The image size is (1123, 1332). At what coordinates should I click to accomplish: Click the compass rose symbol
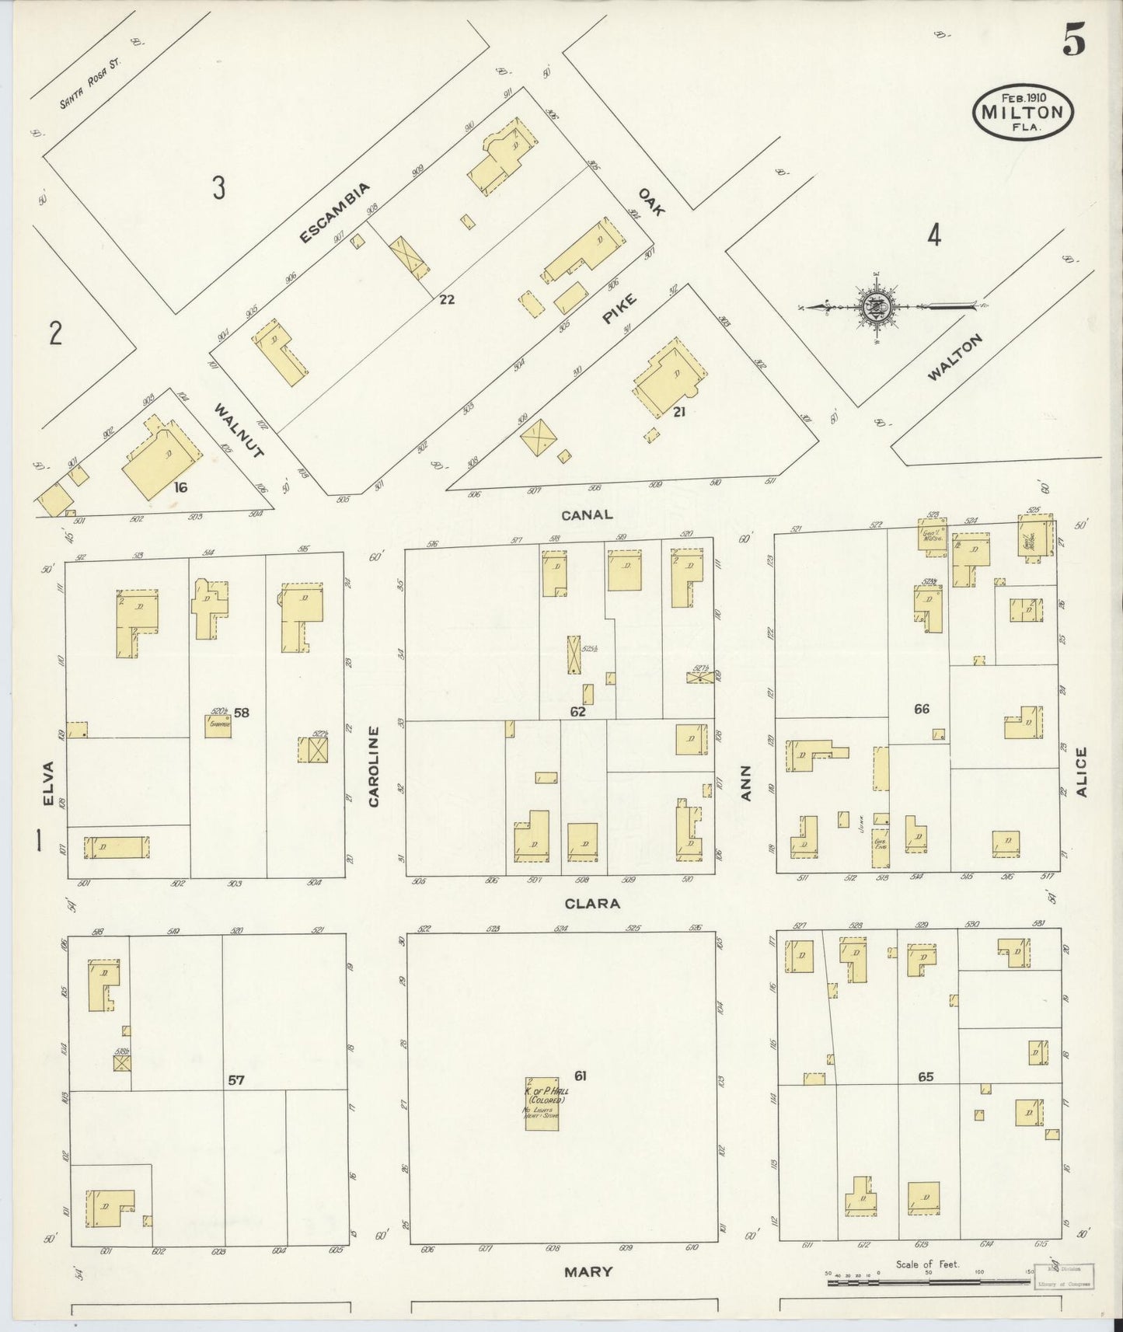(x=876, y=307)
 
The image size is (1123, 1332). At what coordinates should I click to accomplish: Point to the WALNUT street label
(x=240, y=431)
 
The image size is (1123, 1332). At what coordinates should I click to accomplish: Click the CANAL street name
(x=588, y=514)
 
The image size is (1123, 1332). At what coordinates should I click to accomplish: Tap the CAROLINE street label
(x=374, y=765)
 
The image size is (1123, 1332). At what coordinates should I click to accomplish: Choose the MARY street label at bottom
(x=588, y=1271)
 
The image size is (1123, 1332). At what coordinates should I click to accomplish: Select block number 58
(x=242, y=711)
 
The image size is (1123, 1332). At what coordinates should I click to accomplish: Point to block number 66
(x=922, y=708)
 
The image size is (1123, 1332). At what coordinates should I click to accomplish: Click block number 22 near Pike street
(x=446, y=298)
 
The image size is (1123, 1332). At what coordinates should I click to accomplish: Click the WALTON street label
(x=955, y=357)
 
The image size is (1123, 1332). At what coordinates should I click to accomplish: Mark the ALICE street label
(x=1083, y=772)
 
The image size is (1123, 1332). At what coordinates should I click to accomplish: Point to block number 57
(x=237, y=1079)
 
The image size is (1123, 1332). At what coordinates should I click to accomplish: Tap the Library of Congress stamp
(x=1065, y=1276)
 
